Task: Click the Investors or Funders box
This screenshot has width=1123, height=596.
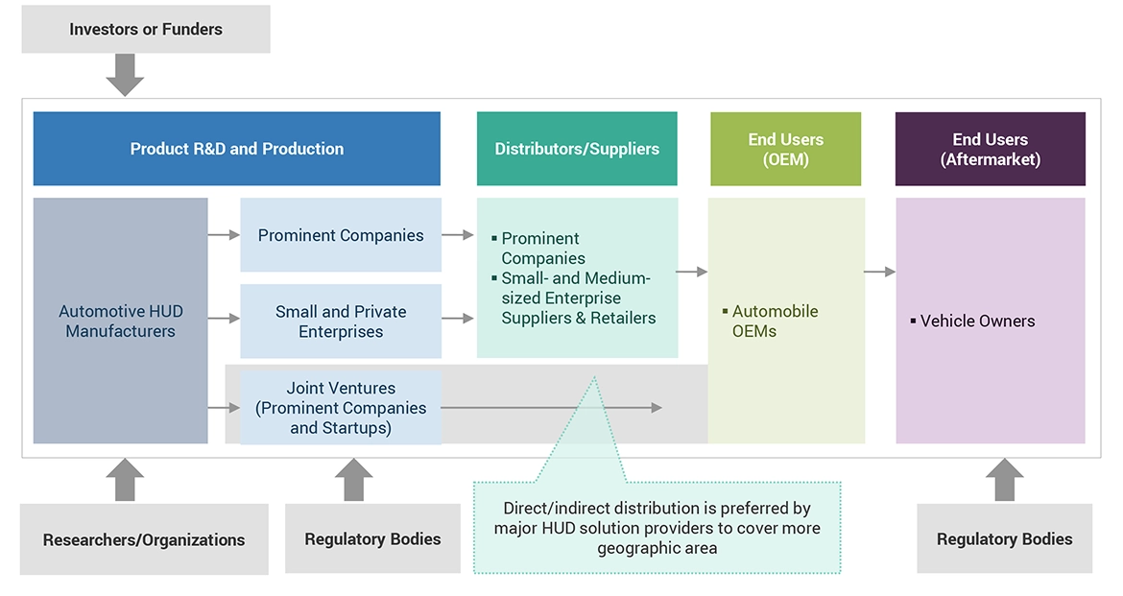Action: coord(146,29)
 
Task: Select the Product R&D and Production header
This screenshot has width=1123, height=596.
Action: coord(236,149)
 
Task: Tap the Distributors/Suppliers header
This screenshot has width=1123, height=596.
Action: coord(577,149)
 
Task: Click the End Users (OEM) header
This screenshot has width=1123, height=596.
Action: coord(785,150)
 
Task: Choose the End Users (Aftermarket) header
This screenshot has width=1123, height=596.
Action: coord(990,150)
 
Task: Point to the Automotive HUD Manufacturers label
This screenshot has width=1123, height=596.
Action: coord(120,322)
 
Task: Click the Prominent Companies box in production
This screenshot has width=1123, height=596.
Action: coord(341,235)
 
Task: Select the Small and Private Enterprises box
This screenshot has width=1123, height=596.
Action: coord(341,322)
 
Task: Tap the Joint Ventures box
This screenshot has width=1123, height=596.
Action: coord(341,408)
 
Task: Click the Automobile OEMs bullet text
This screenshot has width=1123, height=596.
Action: coord(775,322)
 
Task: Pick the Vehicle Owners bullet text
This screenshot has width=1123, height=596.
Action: coord(977,322)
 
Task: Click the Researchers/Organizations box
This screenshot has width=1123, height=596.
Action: coord(144,540)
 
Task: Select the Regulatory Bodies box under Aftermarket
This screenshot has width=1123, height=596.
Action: coord(1004,539)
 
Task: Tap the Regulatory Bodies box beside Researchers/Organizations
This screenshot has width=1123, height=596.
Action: coord(372,539)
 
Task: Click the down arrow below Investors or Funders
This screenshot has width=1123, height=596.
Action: coord(125,75)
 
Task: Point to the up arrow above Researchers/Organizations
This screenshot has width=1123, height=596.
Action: coord(125,479)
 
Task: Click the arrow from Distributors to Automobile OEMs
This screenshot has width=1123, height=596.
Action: coord(691,273)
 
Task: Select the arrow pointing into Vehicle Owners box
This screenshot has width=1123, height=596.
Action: coord(879,273)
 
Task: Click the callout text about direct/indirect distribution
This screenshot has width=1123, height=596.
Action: coord(657,528)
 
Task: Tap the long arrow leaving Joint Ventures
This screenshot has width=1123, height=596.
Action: coord(552,408)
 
